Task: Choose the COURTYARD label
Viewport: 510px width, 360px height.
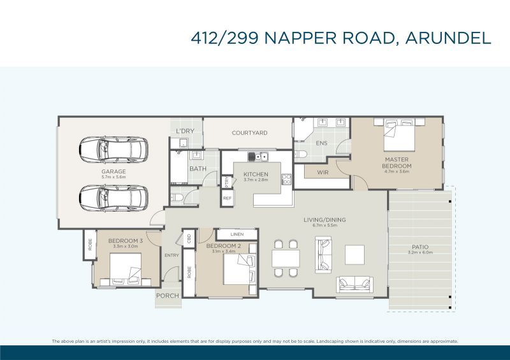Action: [x=249, y=133]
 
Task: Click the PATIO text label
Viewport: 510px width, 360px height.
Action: [x=420, y=247]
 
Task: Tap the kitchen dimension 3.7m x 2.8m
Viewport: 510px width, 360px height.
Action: [x=256, y=180]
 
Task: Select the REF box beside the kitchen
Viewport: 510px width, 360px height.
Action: [x=228, y=198]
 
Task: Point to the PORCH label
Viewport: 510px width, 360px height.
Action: [x=168, y=295]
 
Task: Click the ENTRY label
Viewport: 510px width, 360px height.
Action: [x=171, y=256]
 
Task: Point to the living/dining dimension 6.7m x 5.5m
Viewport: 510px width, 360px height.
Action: [x=329, y=225]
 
